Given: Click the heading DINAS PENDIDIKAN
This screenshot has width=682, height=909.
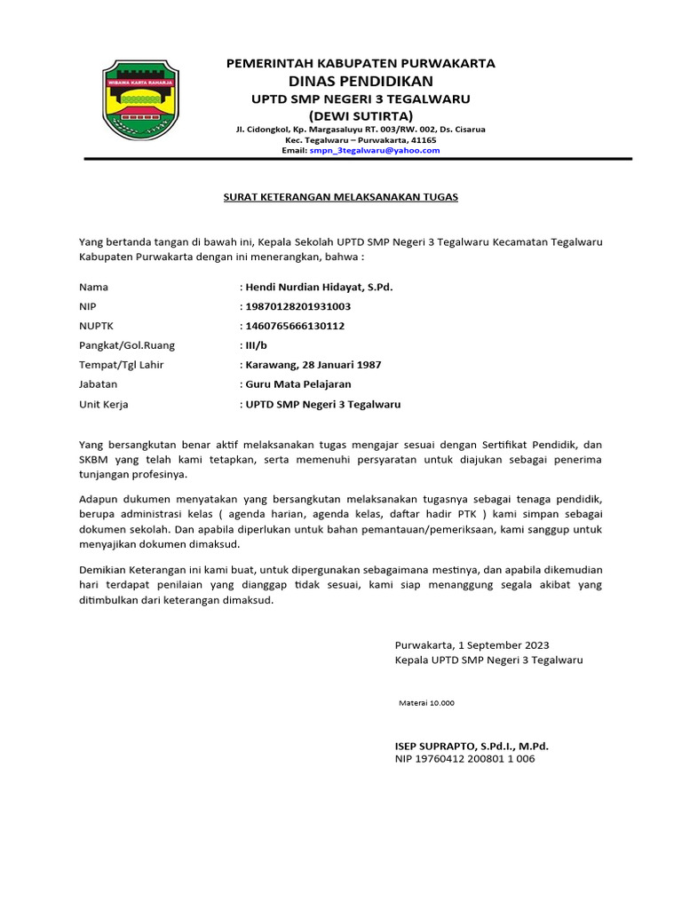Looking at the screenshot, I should [x=360, y=81].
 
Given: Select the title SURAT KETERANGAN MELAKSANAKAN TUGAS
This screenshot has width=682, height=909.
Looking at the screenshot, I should [x=340, y=196].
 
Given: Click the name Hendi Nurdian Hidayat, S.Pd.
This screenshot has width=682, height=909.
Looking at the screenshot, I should [x=318, y=288].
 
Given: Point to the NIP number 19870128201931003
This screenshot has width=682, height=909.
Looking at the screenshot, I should [x=297, y=307].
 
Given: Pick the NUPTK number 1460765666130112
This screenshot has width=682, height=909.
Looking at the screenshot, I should [x=294, y=327].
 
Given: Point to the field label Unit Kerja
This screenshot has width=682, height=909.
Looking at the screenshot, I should [x=104, y=404].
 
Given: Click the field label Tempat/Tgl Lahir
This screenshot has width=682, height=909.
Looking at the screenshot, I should [x=122, y=365].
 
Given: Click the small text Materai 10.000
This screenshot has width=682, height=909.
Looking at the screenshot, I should [x=426, y=702].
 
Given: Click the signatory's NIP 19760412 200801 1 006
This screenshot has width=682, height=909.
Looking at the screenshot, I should [x=464, y=760].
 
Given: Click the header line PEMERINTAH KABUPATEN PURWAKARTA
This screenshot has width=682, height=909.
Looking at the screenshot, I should [x=361, y=63].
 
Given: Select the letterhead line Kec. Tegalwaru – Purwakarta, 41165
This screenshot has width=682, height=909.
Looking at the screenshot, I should [x=360, y=140].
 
